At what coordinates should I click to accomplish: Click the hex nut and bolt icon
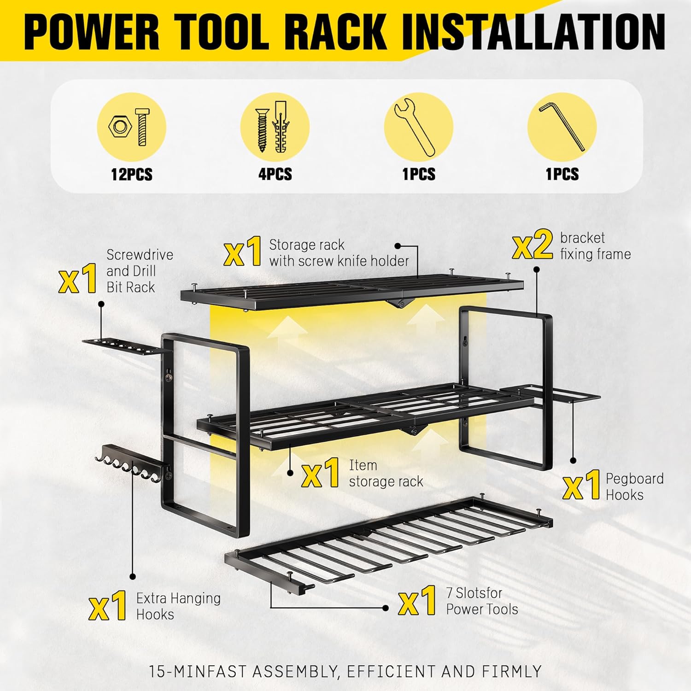131,127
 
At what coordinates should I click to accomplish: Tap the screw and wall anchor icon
275,127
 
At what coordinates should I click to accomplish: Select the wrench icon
418,127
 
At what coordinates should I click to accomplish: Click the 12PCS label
131,175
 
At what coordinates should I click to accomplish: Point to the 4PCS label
275,174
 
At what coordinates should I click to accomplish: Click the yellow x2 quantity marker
532,246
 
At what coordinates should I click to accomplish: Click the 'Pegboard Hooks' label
634,486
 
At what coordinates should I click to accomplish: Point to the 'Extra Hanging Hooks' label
178,606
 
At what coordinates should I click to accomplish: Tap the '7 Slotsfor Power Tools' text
482,601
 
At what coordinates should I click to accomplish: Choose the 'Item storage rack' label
386,474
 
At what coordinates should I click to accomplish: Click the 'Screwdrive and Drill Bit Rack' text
140,271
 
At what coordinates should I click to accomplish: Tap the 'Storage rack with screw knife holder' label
339,252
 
